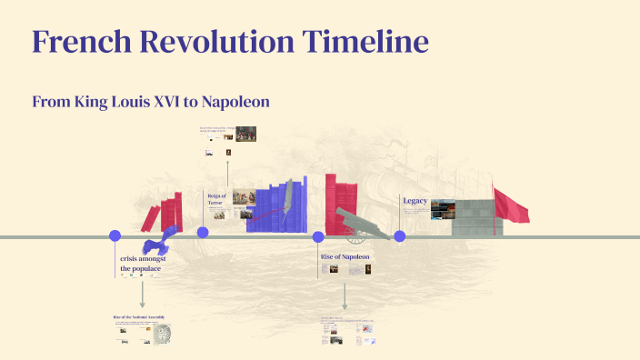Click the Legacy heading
click(x=415, y=200)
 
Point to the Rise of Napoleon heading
click(x=345, y=257)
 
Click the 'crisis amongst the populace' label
click(x=140, y=264)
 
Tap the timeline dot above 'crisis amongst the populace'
click(x=115, y=236)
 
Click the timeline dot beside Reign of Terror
click(x=203, y=233)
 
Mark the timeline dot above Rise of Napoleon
click(x=318, y=237)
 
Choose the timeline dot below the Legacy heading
click(x=399, y=236)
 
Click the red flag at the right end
click(x=510, y=206)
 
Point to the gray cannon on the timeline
click(x=357, y=222)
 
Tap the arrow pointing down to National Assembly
click(x=143, y=295)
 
